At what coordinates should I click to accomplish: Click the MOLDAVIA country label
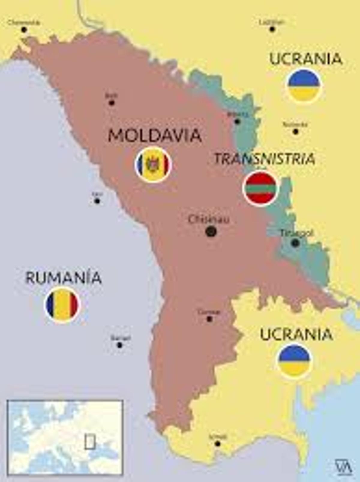[x=154, y=135]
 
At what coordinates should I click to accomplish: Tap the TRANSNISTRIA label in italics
[x=265, y=159]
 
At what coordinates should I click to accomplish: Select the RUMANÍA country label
[x=63, y=278]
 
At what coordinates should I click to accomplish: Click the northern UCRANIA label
[x=306, y=59]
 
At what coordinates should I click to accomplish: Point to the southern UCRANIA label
[x=296, y=334]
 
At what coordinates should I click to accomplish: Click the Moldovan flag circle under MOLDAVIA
[x=153, y=165]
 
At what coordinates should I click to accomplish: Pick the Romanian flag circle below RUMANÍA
[x=62, y=305]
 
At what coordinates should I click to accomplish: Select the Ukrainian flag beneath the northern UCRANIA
[x=304, y=86]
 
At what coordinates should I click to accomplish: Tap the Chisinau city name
[x=209, y=220]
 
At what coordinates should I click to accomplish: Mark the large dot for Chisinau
[x=211, y=231]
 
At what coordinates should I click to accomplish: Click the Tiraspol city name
[x=296, y=233]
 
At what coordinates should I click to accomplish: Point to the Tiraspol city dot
[x=295, y=243]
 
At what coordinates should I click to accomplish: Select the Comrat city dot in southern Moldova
[x=209, y=319]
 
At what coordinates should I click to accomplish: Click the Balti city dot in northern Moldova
[x=112, y=103]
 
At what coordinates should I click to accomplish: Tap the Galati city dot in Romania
[x=120, y=345]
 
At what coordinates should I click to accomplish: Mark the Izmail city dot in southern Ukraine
[x=218, y=444]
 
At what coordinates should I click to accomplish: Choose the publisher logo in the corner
[x=343, y=467]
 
